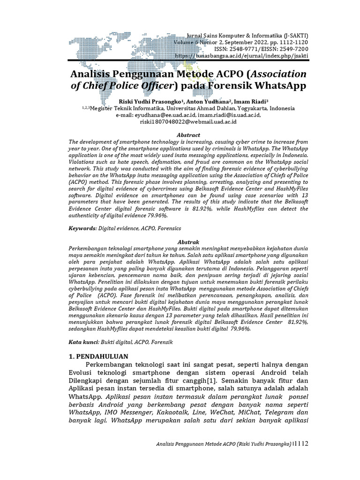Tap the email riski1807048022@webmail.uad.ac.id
pyautogui.click(x=188, y=121)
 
